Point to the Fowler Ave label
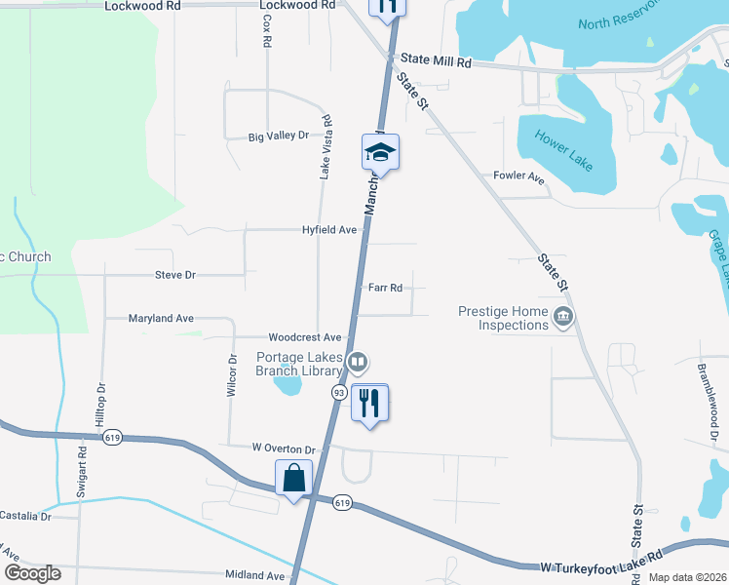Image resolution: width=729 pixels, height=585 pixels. coord(518,176)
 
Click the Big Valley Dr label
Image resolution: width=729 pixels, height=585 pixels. coord(278,136)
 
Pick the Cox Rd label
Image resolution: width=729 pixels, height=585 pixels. coord(265,32)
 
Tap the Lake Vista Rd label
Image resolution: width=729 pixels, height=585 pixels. coord(326,147)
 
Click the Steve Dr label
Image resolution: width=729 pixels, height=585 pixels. coord(175,275)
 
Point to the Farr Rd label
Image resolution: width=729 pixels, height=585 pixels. coord(386,288)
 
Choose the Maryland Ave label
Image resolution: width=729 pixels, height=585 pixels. coord(162,318)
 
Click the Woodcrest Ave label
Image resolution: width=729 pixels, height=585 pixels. coord(305,336)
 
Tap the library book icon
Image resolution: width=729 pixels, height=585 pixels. coord(358,364)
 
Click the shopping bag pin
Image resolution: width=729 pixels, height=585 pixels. coord(294,480)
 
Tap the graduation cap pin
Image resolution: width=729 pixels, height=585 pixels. coord(381,152)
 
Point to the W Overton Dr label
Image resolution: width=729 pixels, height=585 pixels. coord(285,448)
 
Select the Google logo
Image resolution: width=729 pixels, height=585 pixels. coord(32,573)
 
